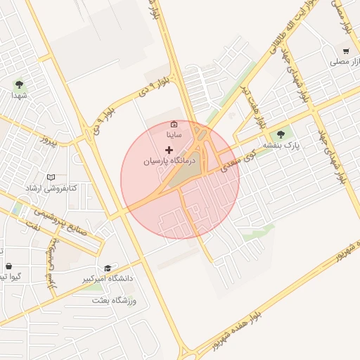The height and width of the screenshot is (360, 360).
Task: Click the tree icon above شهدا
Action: (x=18, y=84)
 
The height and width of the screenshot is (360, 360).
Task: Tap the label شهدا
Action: (x=18, y=96)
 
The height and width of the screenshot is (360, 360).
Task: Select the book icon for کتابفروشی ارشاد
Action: (x=50, y=177)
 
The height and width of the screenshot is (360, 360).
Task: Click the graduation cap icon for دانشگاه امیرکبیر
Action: (x=108, y=268)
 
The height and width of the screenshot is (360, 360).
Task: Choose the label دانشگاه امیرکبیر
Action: (x=108, y=279)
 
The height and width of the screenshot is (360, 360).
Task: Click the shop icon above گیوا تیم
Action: (x=8, y=266)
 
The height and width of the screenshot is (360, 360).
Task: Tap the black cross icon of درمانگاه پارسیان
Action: (x=169, y=150)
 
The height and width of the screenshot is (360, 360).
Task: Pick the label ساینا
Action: (x=174, y=134)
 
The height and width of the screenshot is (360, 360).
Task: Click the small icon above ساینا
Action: (x=174, y=124)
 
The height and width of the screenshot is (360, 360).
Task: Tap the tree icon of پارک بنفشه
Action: (x=281, y=134)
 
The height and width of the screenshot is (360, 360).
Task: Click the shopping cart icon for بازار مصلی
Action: (x=345, y=51)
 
